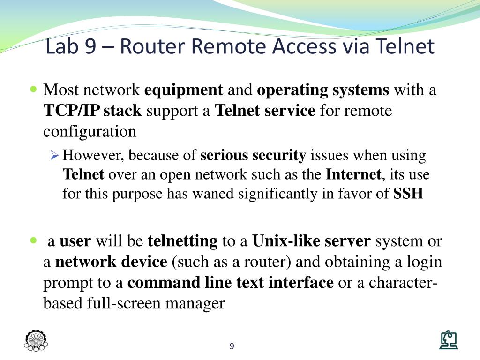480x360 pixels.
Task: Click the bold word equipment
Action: tap(184, 90)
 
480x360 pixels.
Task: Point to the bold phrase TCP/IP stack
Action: tap(92, 111)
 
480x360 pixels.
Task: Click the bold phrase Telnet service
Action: tap(265, 111)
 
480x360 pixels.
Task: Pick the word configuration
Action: tap(90, 132)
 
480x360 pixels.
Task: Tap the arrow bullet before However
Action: tap(54, 155)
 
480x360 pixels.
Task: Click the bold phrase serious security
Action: tap(253, 155)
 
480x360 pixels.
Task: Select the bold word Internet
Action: tap(354, 175)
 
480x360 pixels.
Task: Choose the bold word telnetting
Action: tap(183, 241)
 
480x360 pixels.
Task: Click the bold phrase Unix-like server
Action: tap(312, 241)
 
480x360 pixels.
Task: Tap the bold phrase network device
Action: tap(111, 262)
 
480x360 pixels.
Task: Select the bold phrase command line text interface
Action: tap(231, 283)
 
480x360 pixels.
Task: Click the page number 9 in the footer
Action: tap(232, 346)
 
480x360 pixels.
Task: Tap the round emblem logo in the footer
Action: tap(36, 341)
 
